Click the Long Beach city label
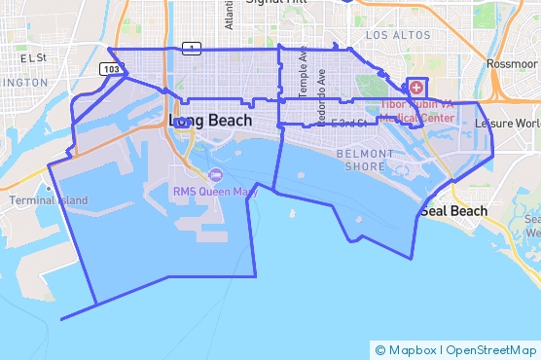(x=210, y=121)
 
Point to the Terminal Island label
(x=49, y=200)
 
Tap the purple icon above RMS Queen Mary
(x=215, y=174)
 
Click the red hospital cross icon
(x=417, y=88)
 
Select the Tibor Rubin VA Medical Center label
(x=417, y=110)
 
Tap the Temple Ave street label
(x=303, y=74)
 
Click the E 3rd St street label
(x=347, y=123)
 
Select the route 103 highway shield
(x=112, y=69)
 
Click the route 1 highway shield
(x=193, y=48)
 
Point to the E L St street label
(x=32, y=58)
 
